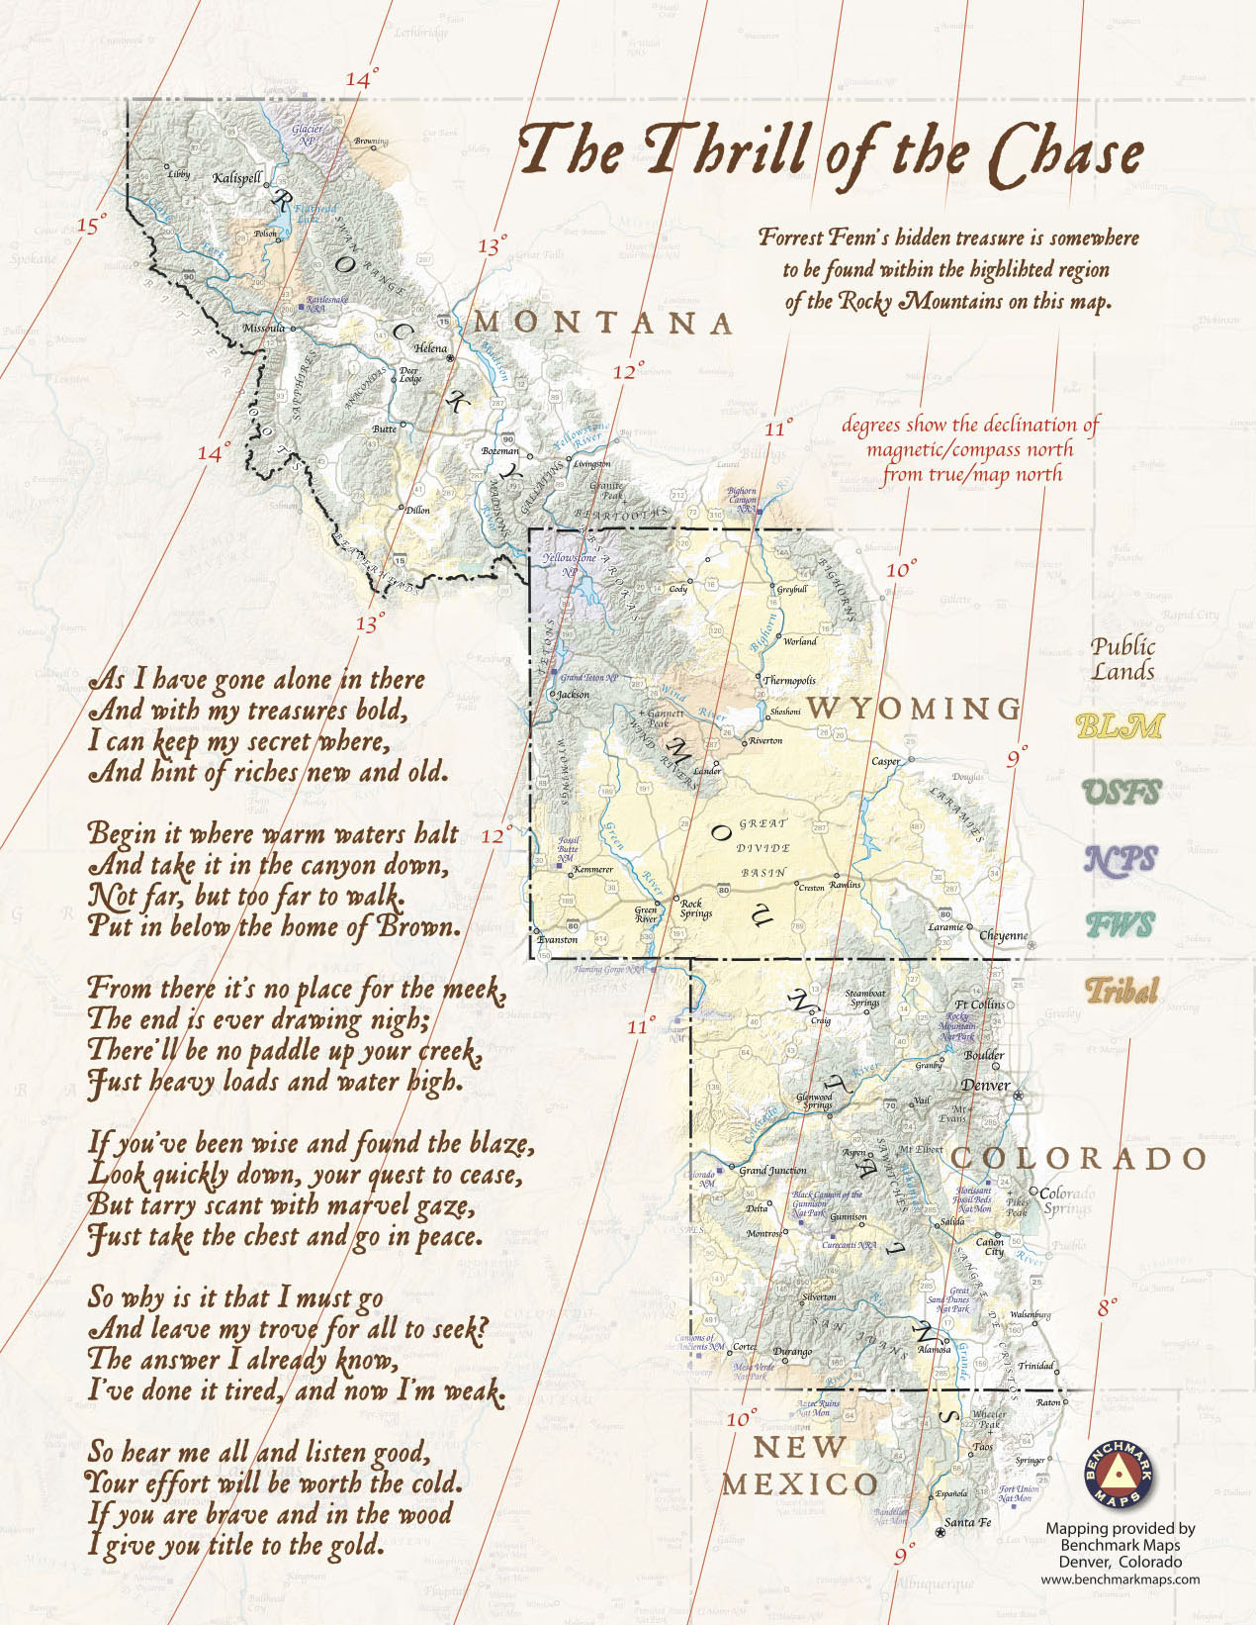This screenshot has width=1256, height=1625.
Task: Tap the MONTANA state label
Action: pos(604,323)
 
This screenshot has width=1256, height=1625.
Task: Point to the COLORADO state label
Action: pos(1078,1158)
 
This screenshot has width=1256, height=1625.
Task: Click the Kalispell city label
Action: pos(237,178)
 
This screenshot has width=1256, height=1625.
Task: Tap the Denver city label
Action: pos(985,1085)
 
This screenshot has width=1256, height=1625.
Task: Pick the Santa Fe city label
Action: pos(967,1522)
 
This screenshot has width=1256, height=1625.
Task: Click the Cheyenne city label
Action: pos(1003,935)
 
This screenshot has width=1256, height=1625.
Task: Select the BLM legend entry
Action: pos(1119,726)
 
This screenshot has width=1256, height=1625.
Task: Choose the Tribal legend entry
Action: pos(1121,990)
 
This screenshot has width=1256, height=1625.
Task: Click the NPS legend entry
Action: pos(1120,859)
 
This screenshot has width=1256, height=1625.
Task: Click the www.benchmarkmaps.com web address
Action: pos(1120,1579)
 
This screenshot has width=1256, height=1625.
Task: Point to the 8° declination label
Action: pos(1108,1307)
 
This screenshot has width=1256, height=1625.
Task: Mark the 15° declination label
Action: pos(90,226)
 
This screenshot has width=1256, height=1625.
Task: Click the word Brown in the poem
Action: pos(422,927)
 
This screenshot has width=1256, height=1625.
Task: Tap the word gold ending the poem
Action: pos(352,1545)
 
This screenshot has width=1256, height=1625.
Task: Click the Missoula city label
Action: pos(263,328)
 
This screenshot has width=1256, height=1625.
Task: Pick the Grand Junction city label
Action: pos(772,1170)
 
